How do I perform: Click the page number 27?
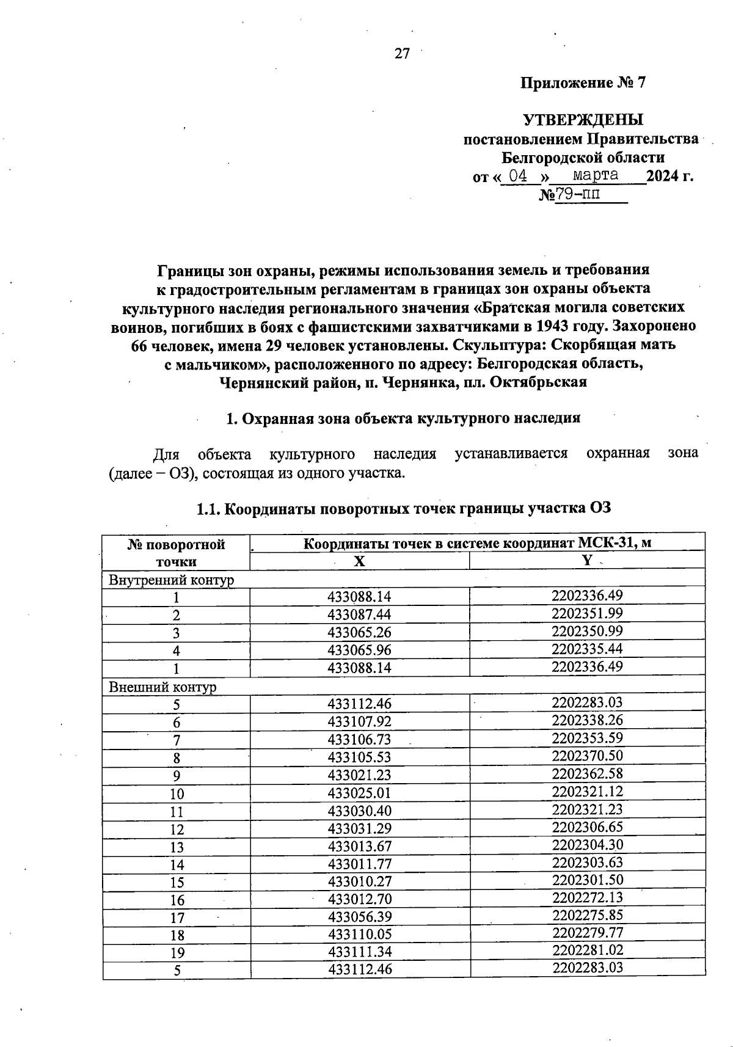(401, 54)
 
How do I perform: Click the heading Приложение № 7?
(582, 83)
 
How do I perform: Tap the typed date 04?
(518, 176)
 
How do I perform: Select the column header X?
(359, 561)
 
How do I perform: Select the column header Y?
(586, 561)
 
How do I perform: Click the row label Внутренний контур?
(171, 580)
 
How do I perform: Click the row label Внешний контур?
(162, 687)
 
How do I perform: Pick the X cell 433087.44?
(359, 615)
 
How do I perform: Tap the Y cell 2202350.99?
(586, 631)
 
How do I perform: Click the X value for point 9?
(359, 775)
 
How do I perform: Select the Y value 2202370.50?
(586, 756)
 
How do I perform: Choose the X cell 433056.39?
(359, 917)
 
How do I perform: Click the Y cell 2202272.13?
(586, 897)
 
